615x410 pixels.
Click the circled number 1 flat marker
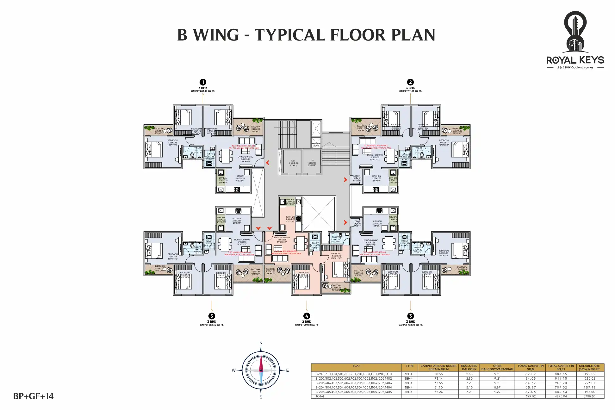[x=203, y=82]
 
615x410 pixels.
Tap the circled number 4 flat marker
[x=307, y=316]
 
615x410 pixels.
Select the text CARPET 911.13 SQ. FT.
[x=410, y=91]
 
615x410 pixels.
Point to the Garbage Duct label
[x=316, y=145]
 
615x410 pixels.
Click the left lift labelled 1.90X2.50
[x=293, y=163]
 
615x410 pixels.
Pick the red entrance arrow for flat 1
[x=268, y=163]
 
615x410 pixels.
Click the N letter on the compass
[x=261, y=343]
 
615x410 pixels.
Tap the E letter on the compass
[x=288, y=370]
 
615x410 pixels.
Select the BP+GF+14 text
[x=34, y=396]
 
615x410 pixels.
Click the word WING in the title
[x=216, y=35]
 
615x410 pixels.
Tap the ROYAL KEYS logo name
[x=575, y=60]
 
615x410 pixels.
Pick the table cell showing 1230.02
[x=589, y=378]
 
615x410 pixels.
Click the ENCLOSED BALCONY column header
[x=469, y=367]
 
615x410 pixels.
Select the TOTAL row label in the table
[x=320, y=396]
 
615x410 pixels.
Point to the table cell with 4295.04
[x=561, y=396]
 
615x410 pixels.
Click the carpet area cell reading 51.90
[x=438, y=387]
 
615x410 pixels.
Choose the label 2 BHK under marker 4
[x=307, y=322]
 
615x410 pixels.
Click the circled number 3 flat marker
[x=410, y=316]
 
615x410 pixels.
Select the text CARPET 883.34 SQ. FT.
[x=212, y=325]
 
